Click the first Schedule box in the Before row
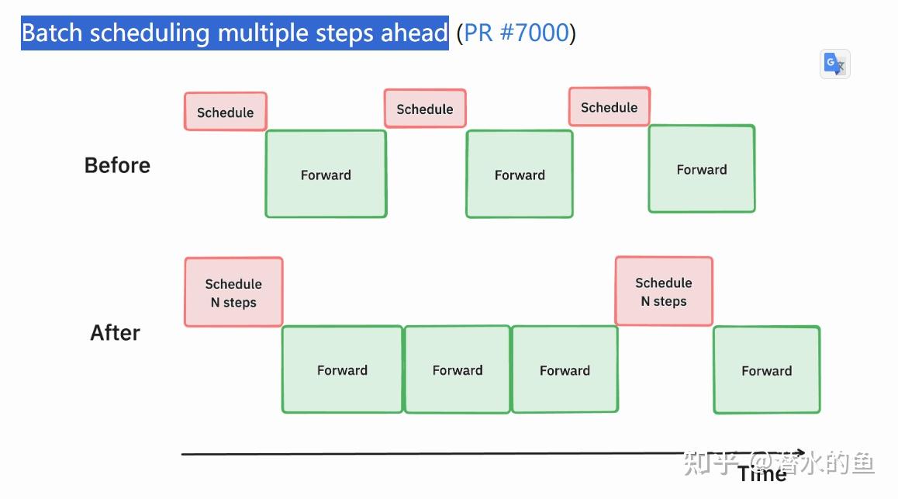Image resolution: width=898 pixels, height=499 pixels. point(225,112)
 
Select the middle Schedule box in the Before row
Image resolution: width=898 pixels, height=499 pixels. point(425,109)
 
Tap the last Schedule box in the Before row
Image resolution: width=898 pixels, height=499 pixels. point(609,107)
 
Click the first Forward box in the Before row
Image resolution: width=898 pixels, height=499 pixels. point(326,174)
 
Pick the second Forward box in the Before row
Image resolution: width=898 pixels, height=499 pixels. point(520,174)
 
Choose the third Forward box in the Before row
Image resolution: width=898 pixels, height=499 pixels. point(701,168)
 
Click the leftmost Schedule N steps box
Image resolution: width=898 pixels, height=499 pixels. point(233,293)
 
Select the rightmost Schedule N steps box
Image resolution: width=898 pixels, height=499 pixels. point(663,291)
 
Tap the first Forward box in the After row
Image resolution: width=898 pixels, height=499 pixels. point(342,369)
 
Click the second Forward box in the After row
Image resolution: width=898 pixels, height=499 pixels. point(458,369)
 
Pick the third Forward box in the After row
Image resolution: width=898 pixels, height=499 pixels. point(565,369)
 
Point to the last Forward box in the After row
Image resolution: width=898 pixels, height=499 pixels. point(766,370)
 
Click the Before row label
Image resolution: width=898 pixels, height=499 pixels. point(117,165)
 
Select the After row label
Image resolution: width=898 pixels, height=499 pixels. point(115,332)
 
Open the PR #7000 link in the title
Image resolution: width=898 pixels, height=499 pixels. point(516,33)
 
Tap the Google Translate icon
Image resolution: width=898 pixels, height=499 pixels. point(834,64)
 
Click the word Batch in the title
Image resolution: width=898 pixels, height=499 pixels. point(54,33)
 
